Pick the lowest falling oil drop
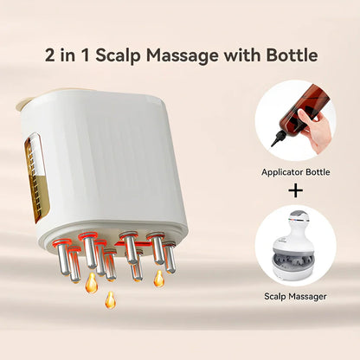tap(110, 300)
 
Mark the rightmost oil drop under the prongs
tap(159, 279)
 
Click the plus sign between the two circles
tap(297, 190)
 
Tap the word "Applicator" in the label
tap(285, 172)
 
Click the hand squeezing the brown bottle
tap(321, 130)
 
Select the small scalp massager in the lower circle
tap(296, 244)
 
